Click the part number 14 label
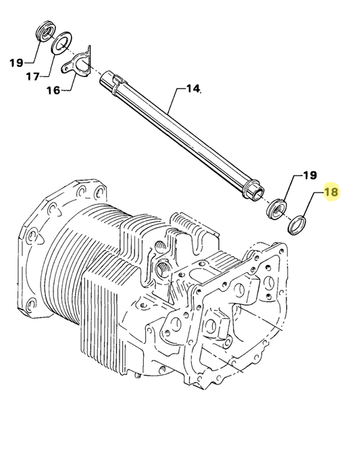194,89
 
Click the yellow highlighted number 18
331,193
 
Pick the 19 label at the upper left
16,63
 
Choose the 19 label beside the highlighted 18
309,176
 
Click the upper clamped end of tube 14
112,85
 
